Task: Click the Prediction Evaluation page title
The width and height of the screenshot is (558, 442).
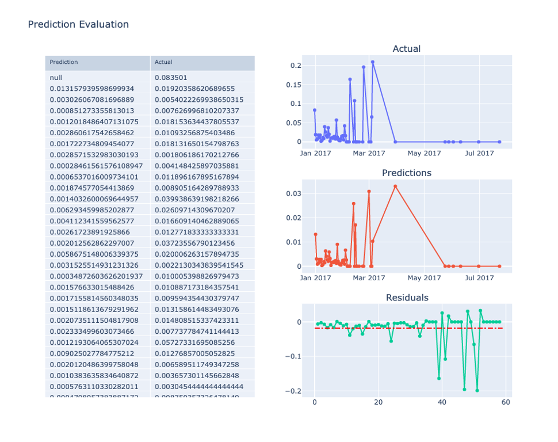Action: point(78,24)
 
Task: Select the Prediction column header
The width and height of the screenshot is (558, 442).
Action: point(64,62)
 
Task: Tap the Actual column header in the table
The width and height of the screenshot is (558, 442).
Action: point(163,62)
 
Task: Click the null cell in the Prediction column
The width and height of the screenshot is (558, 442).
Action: point(56,77)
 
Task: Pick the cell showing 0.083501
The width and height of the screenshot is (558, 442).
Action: point(171,77)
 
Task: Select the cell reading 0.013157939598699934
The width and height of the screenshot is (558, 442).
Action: point(92,89)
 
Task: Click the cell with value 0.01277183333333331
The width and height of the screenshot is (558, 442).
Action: point(197,232)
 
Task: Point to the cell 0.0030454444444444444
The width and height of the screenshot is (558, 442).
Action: point(199,386)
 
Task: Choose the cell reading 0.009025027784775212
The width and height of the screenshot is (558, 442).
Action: point(92,353)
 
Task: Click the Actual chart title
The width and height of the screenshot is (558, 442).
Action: point(406,49)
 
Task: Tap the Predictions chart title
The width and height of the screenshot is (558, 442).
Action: point(406,173)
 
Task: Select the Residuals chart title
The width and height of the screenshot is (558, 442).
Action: point(406,298)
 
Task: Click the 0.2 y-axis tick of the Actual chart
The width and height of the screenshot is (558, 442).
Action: point(296,66)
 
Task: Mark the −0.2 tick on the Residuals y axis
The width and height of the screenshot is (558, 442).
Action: point(293,391)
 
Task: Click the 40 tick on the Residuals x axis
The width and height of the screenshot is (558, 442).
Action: point(442,402)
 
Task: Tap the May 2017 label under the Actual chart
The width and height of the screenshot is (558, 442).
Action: point(424,153)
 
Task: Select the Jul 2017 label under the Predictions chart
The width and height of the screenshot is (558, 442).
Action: point(479,278)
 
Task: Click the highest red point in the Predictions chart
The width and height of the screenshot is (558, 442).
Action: point(395,186)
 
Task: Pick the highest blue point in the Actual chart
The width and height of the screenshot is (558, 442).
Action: point(373,62)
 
